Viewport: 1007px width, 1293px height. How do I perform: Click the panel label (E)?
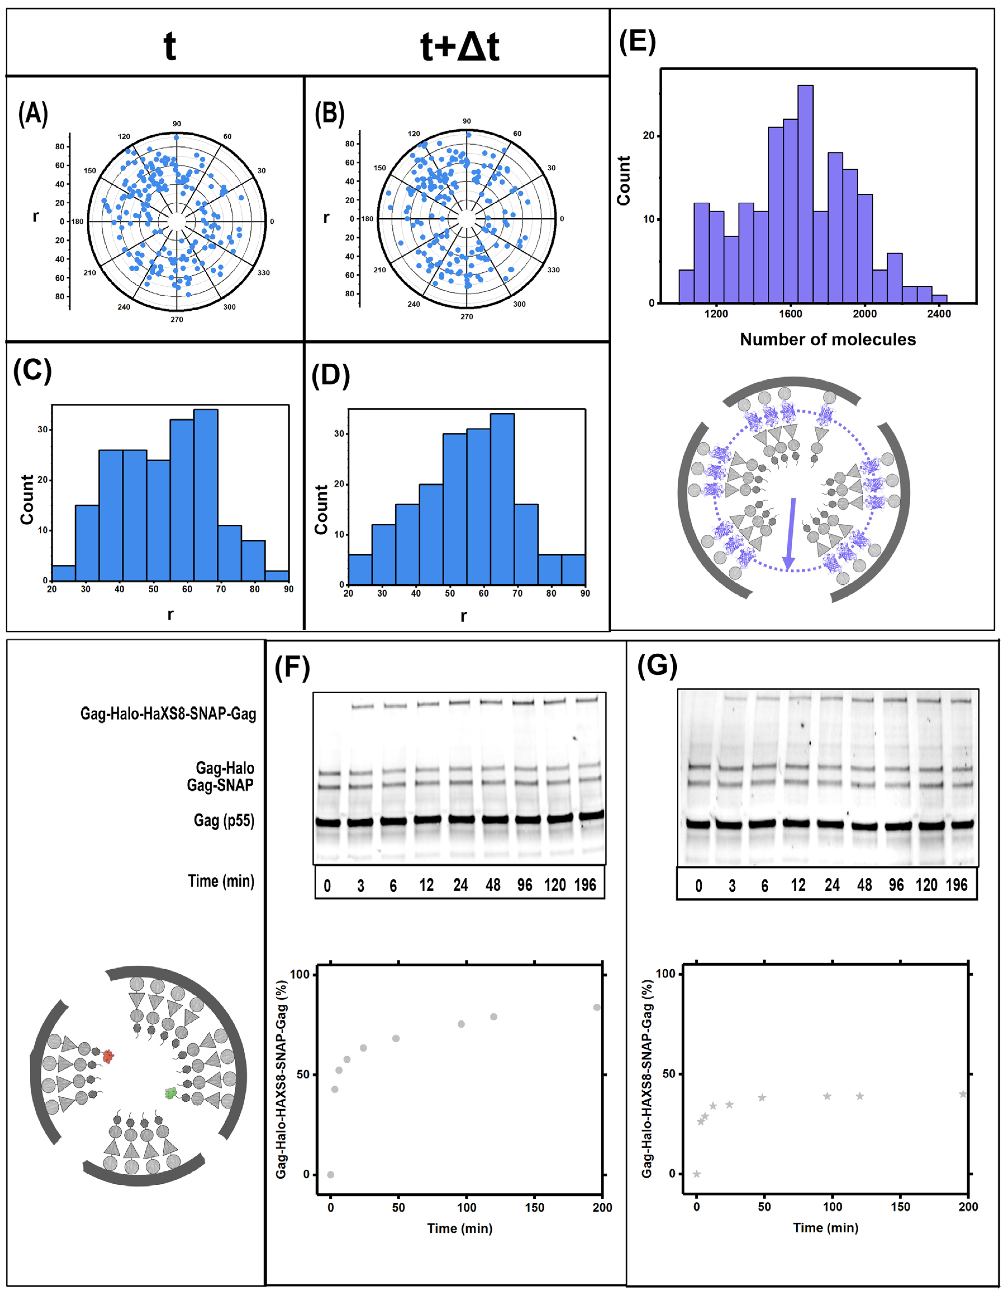coord(637,42)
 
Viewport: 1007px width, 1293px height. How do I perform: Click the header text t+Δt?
coord(459,46)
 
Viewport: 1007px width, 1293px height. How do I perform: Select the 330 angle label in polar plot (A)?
coord(264,273)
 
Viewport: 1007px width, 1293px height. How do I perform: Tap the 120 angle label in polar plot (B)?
coord(414,134)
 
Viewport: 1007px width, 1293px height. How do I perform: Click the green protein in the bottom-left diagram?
coord(170,1093)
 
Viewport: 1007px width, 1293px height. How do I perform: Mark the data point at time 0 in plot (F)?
coord(330,1174)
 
